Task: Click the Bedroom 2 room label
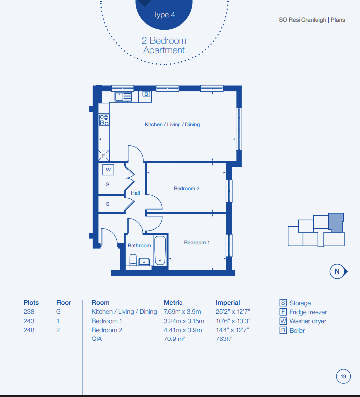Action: tap(186, 189)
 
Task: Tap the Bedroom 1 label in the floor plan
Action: tap(197, 242)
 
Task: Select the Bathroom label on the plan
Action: tap(139, 246)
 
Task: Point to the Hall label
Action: tap(135, 193)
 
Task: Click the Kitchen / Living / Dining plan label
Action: tap(172, 124)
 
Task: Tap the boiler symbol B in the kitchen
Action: tap(146, 94)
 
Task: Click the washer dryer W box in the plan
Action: tap(108, 170)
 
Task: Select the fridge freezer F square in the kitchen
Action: tap(104, 156)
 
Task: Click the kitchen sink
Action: tap(123, 97)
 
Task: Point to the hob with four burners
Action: tap(104, 120)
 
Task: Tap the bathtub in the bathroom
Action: tap(160, 250)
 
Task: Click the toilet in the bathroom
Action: tap(133, 260)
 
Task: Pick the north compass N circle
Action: tap(337, 271)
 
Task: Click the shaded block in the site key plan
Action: tap(336, 223)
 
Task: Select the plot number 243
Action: tap(29, 321)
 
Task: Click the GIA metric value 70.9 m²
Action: tap(175, 339)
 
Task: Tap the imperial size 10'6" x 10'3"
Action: tap(233, 321)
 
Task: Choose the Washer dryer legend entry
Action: tap(303, 321)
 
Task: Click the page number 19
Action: tap(343, 377)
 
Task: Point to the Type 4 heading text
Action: tap(164, 15)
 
